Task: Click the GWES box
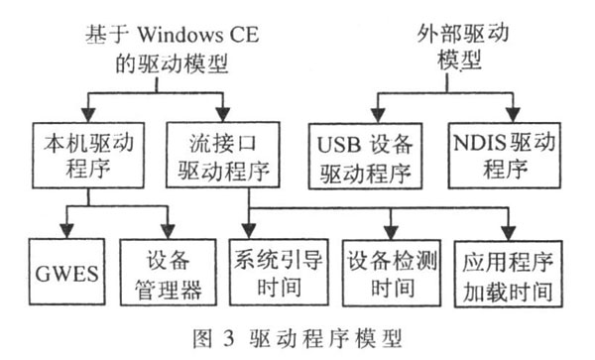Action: coord(61,270)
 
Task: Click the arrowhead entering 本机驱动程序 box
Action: coord(88,112)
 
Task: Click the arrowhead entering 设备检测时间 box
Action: coord(390,231)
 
